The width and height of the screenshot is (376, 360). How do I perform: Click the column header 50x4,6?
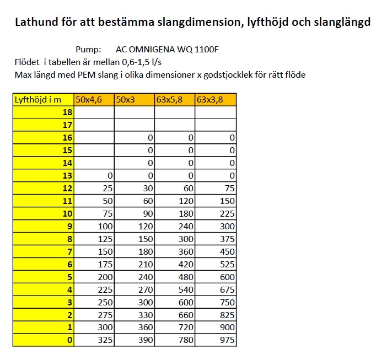[94, 100]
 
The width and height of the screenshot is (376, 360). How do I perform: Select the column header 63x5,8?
[175, 100]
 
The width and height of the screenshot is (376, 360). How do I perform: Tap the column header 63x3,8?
[216, 100]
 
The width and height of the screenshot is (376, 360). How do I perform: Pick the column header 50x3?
[135, 100]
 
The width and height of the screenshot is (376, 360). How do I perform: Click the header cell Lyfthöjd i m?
[44, 100]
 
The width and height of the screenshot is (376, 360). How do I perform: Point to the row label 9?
[44, 227]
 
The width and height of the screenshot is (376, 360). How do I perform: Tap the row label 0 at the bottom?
[44, 340]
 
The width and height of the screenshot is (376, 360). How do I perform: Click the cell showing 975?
[216, 340]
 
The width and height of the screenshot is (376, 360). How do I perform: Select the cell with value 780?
[175, 340]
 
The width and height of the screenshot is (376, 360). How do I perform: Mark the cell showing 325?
[94, 340]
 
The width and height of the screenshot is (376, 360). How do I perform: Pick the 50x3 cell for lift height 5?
[135, 277]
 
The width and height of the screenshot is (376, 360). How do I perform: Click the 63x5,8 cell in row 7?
[175, 252]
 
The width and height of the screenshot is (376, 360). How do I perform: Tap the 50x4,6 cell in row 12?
[94, 189]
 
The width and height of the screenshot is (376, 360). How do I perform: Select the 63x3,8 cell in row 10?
[216, 214]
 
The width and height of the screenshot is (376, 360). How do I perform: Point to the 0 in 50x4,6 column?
[94, 176]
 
